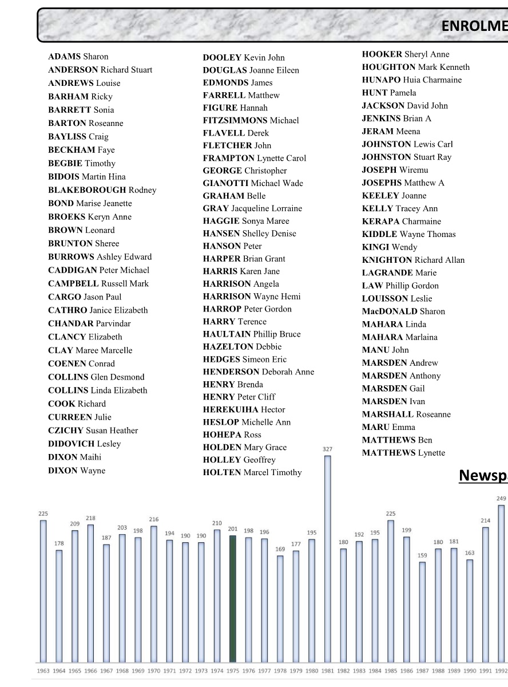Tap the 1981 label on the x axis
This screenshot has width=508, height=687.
(327, 671)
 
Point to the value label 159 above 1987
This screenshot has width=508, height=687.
(422, 555)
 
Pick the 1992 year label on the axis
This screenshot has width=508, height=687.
(501, 671)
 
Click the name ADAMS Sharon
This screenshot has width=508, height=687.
(78, 57)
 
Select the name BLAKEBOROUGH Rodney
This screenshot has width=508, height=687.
(102, 190)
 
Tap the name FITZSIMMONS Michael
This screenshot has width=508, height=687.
(251, 120)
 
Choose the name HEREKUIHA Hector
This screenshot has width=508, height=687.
(244, 409)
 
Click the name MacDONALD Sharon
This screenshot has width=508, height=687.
(403, 311)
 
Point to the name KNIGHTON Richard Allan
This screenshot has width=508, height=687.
(413, 260)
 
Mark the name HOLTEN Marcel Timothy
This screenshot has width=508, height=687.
(252, 472)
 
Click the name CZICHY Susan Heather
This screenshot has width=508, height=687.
(93, 431)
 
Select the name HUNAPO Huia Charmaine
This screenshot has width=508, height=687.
(411, 80)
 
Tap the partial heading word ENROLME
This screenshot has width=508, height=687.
(474, 26)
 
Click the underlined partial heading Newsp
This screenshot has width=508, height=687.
(483, 476)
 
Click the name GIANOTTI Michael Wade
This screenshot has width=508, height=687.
(253, 183)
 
